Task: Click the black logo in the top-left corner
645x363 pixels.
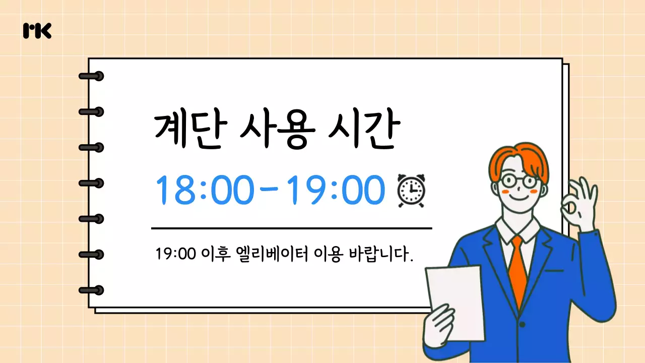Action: click(37, 31)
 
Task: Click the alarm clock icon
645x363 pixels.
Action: click(411, 190)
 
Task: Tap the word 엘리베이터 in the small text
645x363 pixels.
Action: click(271, 253)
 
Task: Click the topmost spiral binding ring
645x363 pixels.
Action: click(92, 76)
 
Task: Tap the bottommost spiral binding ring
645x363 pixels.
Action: click(92, 290)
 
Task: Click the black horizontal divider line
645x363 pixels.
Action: click(291, 228)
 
